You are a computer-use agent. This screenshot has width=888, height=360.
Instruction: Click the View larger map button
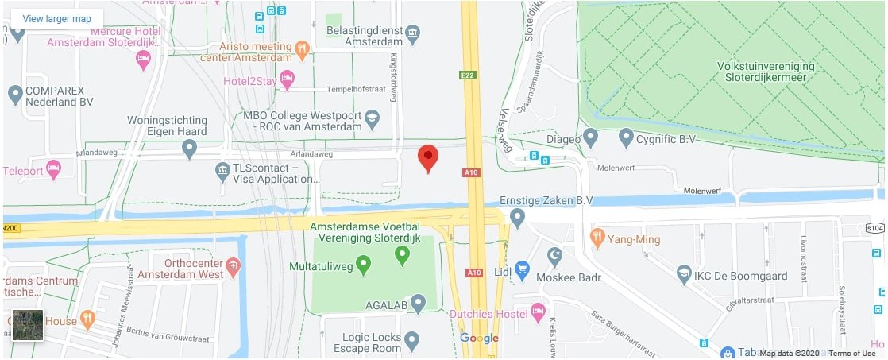56,18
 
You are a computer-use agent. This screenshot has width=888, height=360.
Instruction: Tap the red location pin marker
428,157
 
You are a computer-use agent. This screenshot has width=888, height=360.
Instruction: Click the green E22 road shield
468,75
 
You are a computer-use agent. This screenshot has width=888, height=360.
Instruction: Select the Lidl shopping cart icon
522,271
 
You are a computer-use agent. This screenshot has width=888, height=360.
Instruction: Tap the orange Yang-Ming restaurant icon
597,236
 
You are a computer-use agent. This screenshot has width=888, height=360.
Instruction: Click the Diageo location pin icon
590,138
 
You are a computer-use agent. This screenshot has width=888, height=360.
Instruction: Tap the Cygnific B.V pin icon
626,138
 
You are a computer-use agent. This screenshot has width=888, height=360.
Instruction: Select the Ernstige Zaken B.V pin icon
518,216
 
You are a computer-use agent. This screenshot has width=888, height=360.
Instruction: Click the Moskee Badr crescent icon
555,256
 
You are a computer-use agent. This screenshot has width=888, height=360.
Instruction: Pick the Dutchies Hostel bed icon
539,311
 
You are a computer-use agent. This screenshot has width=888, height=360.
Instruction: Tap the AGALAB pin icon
418,303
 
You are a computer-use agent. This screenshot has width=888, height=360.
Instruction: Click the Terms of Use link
852,354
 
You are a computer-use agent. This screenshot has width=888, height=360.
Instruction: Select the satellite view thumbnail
27,324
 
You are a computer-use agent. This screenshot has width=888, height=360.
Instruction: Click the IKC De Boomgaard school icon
683,275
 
